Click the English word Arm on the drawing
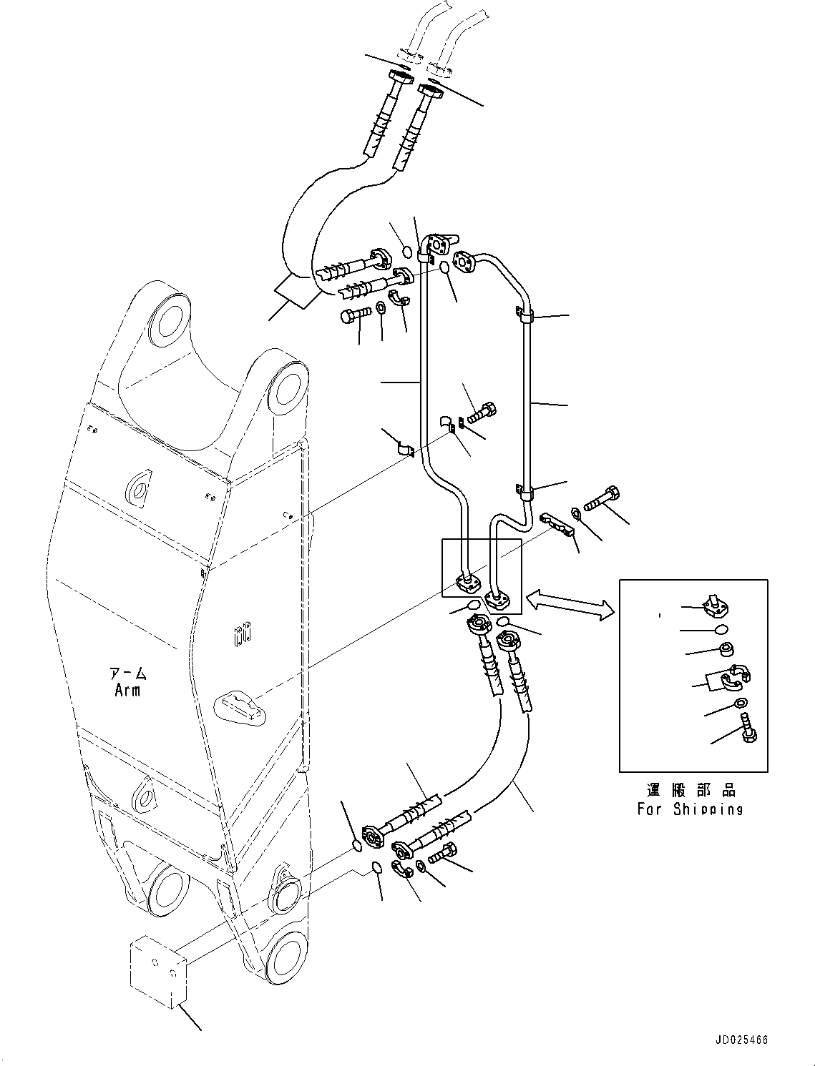pyautogui.click(x=127, y=690)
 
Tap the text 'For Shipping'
pyautogui.click(x=690, y=809)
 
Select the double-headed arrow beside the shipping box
pyautogui.click(x=570, y=603)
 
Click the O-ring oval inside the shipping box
pyautogui.click(x=722, y=629)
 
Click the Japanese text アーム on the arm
pyautogui.click(x=127, y=674)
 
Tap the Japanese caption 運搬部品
pyautogui.click(x=691, y=790)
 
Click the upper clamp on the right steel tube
pyautogui.click(x=524, y=316)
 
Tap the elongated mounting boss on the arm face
pyautogui.click(x=239, y=708)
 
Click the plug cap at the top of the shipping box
pyautogui.click(x=714, y=604)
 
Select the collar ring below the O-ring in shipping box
pyautogui.click(x=726, y=649)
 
